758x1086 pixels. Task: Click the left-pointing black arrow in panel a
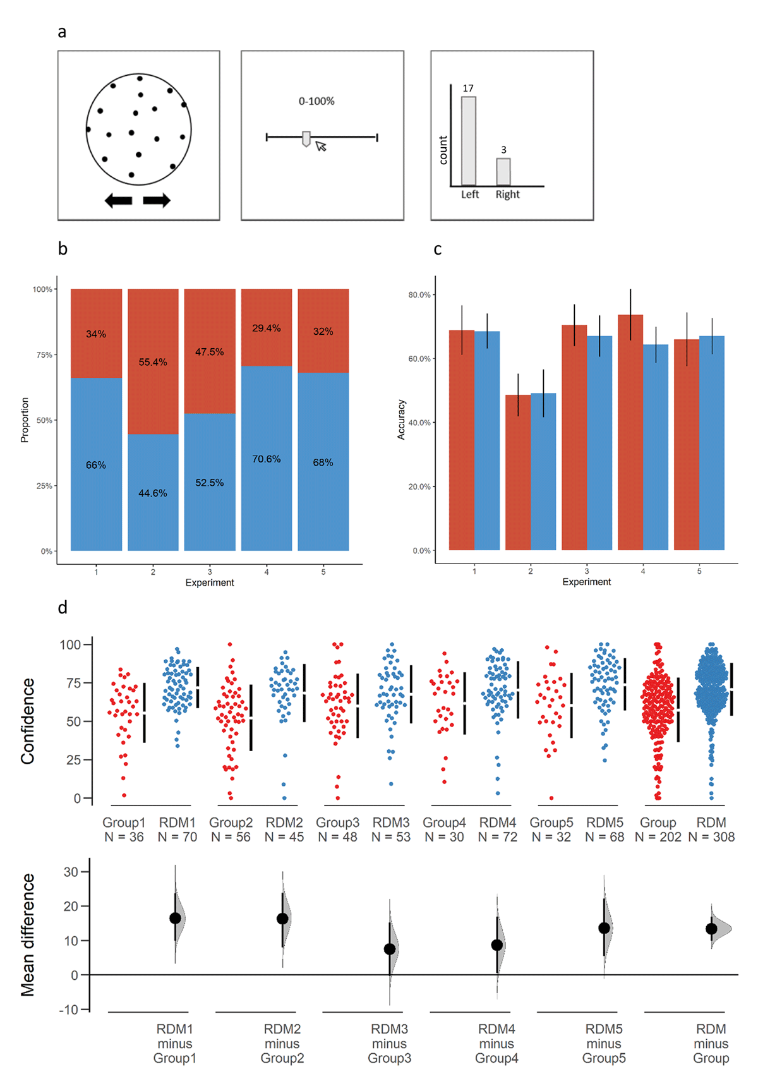pyautogui.click(x=118, y=201)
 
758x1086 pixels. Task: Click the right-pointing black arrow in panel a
pyautogui.click(x=157, y=201)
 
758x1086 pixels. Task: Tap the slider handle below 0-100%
pyautogui.click(x=306, y=138)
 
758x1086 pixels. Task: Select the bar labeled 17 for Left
pyautogui.click(x=469, y=141)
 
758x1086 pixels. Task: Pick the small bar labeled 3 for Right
pyautogui.click(x=503, y=171)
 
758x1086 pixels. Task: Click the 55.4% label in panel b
pyautogui.click(x=153, y=362)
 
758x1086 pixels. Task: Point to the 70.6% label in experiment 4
pyautogui.click(x=267, y=459)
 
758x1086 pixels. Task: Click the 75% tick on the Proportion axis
pyautogui.click(x=44, y=355)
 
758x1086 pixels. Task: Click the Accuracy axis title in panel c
pyautogui.click(x=401, y=419)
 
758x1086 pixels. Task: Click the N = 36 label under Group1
pyautogui.click(x=124, y=837)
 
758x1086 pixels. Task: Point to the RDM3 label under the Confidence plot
pyautogui.click(x=391, y=823)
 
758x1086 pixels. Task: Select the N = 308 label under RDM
pyautogui.click(x=711, y=837)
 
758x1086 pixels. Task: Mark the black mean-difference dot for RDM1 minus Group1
pyautogui.click(x=175, y=918)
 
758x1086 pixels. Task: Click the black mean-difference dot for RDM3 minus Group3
pyautogui.click(x=390, y=949)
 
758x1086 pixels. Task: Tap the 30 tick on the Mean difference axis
pyautogui.click(x=71, y=872)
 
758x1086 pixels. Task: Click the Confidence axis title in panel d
pyautogui.click(x=27, y=721)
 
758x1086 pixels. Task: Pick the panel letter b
pyautogui.click(x=63, y=249)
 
